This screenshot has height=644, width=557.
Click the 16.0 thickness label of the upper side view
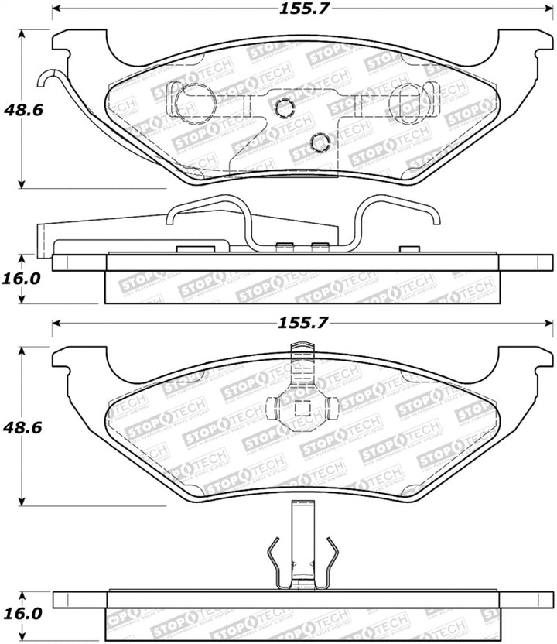pos(21,277)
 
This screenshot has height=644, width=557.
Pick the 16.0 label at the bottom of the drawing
pos(21,611)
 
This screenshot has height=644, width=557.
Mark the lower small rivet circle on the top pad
pos(318,140)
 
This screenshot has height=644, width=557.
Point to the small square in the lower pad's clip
pos(303,409)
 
